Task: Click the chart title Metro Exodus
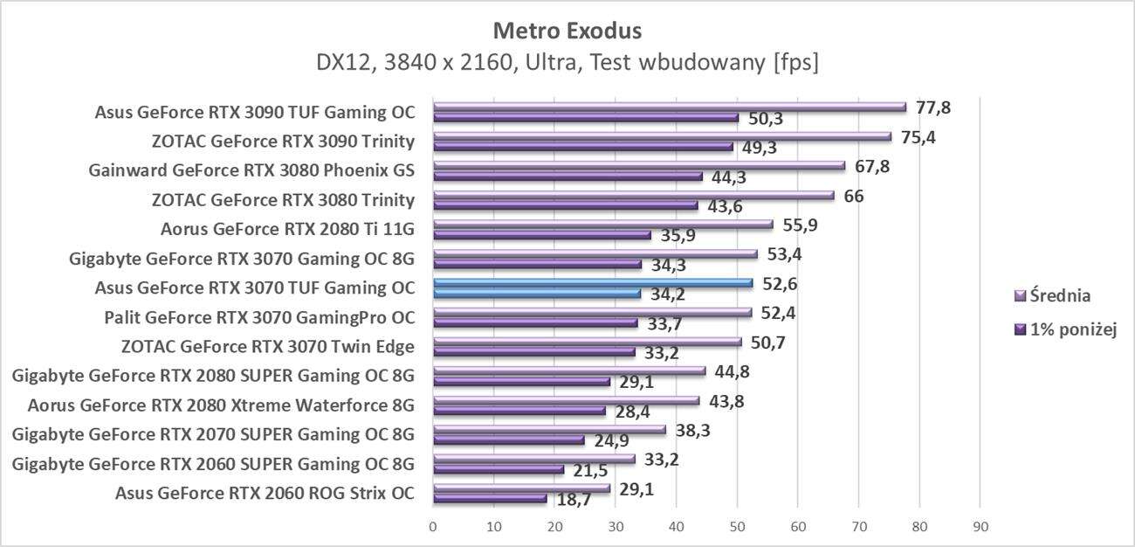tap(567, 31)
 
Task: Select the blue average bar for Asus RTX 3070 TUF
tap(593, 283)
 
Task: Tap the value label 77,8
tap(932, 107)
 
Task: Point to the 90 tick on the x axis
tap(980, 526)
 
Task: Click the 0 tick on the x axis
tap(433, 526)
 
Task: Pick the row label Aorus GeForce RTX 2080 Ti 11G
tap(287, 230)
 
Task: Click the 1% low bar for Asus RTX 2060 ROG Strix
tap(490, 498)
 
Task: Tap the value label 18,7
tap(574, 499)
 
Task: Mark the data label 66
tap(853, 196)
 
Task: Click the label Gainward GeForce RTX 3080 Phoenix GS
tap(251, 170)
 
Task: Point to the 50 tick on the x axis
tap(737, 526)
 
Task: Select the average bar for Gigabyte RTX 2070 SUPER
tap(549, 429)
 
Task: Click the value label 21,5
tap(590, 470)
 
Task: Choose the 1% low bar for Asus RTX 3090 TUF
tap(586, 118)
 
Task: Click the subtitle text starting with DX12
tap(567, 63)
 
